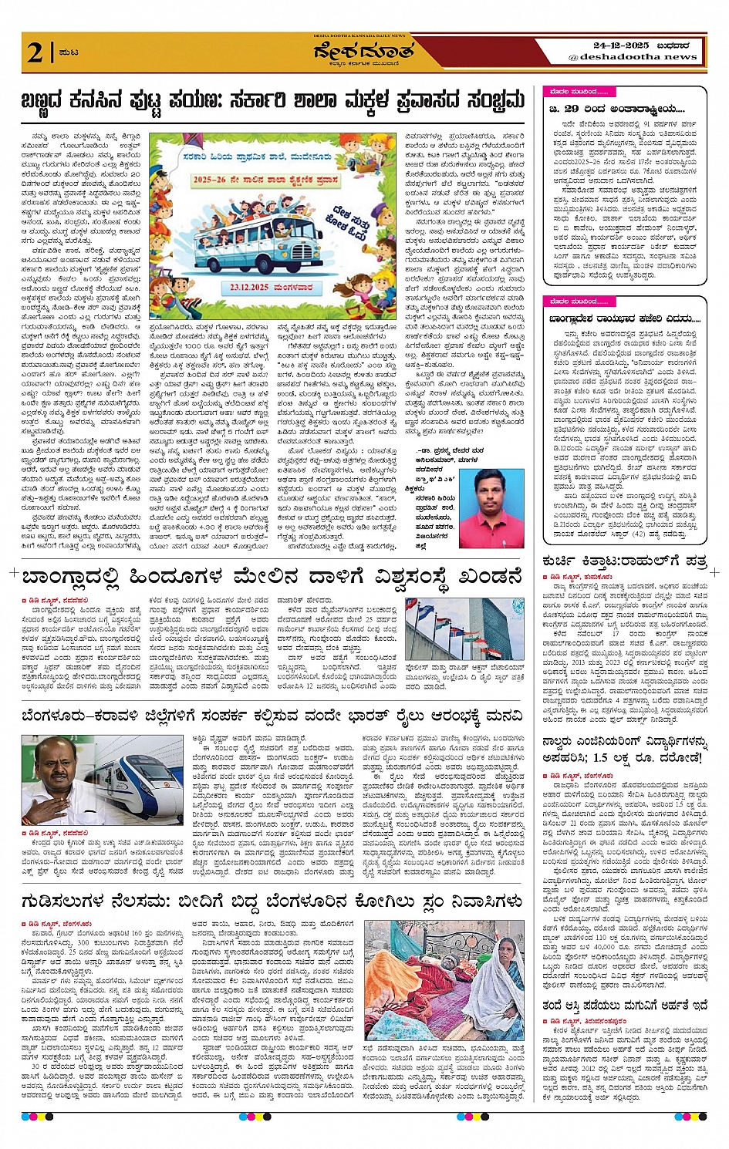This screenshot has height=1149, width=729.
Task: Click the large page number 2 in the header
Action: pos(35,53)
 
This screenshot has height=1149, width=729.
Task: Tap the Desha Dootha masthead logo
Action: pos(363,52)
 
